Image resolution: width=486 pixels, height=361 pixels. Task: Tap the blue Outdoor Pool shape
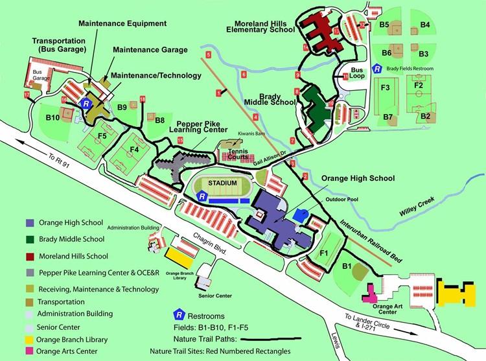300,215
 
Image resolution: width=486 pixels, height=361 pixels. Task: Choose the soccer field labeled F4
134,150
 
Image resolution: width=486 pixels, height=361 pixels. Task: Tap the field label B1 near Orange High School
347,265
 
